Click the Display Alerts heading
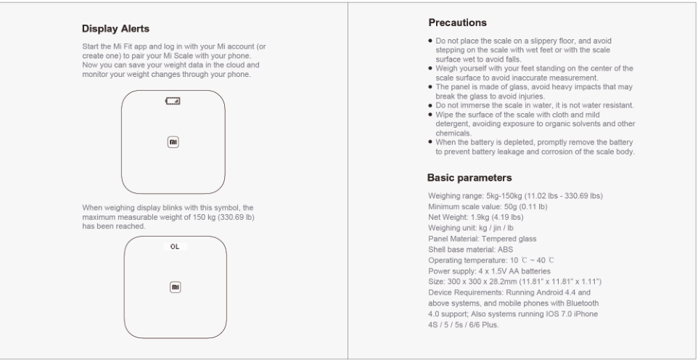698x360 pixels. pos(115,29)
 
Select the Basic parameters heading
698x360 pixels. pos(469,177)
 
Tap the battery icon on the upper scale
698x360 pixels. pos(173,100)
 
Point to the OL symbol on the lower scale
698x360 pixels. pos(174,247)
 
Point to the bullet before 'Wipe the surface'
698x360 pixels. pos(431,115)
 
